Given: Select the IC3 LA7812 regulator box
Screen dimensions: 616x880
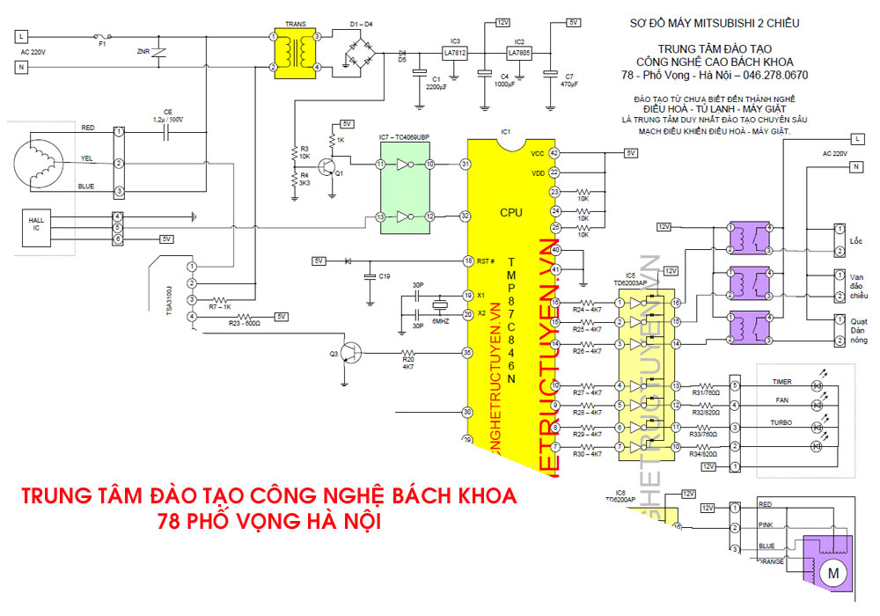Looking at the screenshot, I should pos(455,54).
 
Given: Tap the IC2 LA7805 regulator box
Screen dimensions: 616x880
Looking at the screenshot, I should pos(519,54).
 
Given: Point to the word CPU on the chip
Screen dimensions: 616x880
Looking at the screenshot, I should pos(510,212).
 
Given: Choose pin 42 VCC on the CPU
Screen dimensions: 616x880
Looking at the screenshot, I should pos(554,153).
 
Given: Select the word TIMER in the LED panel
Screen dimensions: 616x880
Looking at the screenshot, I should pos(781,383).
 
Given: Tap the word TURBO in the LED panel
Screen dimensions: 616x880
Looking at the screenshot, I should pos(781,422).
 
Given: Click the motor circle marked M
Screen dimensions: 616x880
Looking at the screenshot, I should pos(830,573).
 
